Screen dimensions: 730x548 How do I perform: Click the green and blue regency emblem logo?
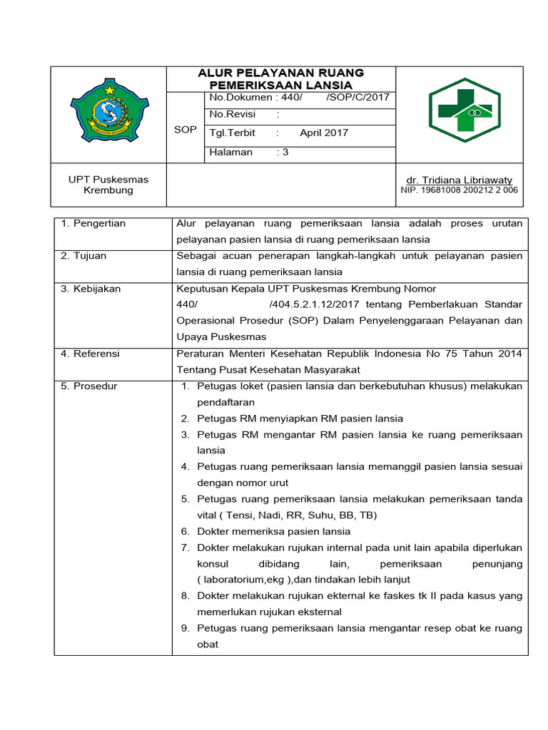pos(109,112)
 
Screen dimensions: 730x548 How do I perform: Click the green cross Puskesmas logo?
pos(465,110)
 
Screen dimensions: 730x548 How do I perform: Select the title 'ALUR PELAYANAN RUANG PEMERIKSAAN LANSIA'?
pos(280,78)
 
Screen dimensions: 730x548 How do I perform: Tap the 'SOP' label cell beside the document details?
pos(185,130)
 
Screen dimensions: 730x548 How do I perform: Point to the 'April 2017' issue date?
pos(324,133)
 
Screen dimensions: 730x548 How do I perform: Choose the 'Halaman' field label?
pos(230,152)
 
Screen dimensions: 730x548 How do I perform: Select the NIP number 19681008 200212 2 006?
pos(460,190)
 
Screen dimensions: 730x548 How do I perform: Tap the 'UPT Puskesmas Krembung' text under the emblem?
pos(108,185)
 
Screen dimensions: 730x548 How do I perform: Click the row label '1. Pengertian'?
pos(93,223)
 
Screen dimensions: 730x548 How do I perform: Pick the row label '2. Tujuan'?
pos(84,255)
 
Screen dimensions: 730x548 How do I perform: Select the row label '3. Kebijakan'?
pos(91,289)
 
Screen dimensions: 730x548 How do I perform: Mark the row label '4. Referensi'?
pos(90,354)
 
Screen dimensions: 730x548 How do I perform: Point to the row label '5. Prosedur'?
pos(88,386)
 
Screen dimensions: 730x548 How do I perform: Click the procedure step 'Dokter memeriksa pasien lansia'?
pos(274,531)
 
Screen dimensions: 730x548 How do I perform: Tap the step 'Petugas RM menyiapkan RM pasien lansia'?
pos(300,418)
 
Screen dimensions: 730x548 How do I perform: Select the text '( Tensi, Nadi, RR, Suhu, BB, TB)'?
pos(287,515)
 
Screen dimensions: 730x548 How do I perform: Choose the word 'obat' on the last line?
pos(208,644)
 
